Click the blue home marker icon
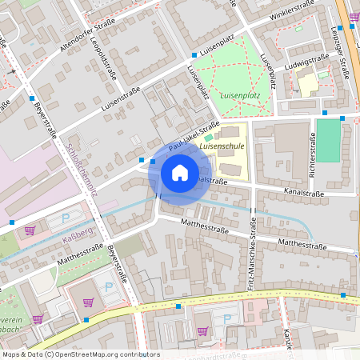[x=179, y=172]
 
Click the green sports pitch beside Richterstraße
[x=328, y=141]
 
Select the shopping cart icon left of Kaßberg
[x=30, y=230]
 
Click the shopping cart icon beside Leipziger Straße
[x=354, y=15]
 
